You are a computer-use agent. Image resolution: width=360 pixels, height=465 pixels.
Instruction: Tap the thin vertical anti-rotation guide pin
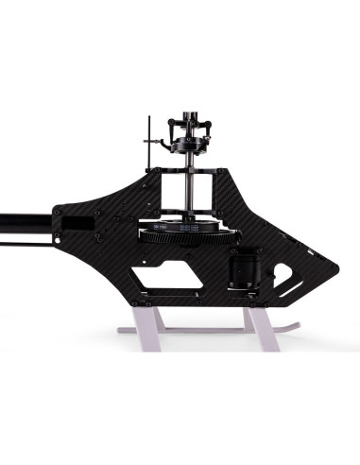click(149, 142)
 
